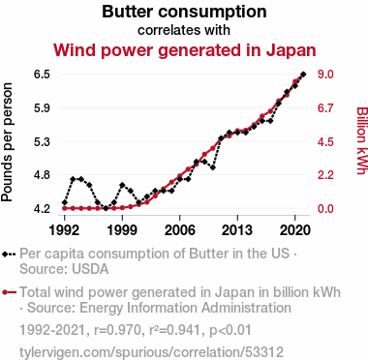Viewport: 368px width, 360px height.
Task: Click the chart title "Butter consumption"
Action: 184,12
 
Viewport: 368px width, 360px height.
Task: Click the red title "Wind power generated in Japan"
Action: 184,50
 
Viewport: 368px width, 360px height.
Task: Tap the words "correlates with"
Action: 184,30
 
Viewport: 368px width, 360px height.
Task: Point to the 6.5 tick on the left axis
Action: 42,75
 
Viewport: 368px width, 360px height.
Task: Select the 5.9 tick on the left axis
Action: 42,107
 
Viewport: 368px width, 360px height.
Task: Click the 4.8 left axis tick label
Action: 42,175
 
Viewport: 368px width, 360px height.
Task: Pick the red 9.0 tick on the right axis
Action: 325,75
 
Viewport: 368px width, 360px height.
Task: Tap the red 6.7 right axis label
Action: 325,107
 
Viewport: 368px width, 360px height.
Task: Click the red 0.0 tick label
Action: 325,209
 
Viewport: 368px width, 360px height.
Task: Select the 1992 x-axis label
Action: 65,230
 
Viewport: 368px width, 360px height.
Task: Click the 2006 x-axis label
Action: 180,230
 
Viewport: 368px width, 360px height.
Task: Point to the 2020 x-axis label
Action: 295,230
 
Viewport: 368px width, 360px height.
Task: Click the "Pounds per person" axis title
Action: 7,142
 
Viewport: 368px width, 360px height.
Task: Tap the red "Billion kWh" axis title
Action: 362,140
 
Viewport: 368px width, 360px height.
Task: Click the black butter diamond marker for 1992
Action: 65,202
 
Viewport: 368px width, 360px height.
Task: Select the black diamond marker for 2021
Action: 303,75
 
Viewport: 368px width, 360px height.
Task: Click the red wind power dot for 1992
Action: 65,208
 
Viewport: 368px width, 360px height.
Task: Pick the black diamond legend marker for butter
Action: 5,254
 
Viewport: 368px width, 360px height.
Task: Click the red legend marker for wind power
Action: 5,292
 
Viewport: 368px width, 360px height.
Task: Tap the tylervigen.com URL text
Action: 151,352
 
